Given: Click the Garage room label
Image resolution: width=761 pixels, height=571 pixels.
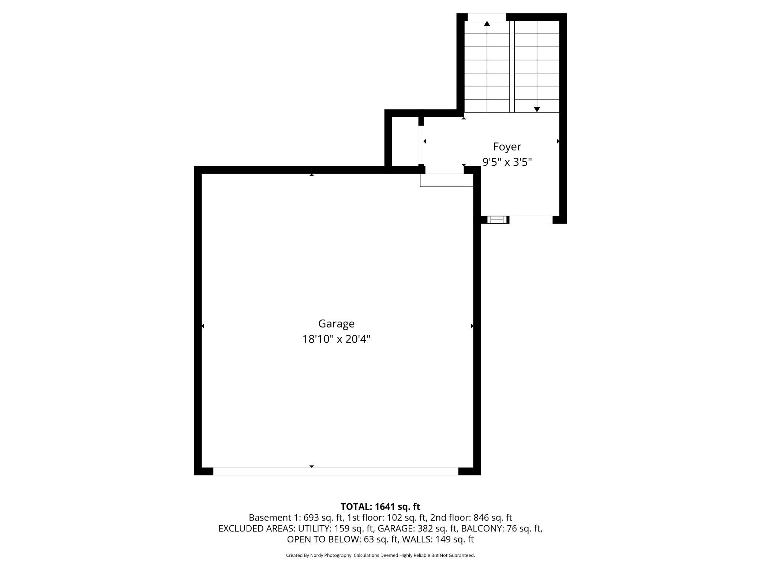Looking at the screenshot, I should pyautogui.click(x=336, y=324).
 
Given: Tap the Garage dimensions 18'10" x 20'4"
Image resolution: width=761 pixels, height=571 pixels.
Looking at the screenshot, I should pyautogui.click(x=336, y=339).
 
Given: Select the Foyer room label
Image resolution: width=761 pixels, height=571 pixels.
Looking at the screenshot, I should pyautogui.click(x=507, y=147).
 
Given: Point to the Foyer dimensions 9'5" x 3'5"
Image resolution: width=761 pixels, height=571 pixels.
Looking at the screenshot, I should pyautogui.click(x=507, y=162).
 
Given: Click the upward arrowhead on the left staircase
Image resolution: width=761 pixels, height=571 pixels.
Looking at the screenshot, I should pyautogui.click(x=487, y=24).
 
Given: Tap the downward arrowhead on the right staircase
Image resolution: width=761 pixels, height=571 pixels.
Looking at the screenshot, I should pyautogui.click(x=537, y=109).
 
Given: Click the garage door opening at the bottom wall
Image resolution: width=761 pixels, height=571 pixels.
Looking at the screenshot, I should pyautogui.click(x=335, y=471).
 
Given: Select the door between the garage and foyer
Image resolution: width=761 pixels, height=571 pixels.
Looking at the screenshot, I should pyautogui.click(x=444, y=170).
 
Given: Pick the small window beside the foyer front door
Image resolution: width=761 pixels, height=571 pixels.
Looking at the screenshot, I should pyautogui.click(x=497, y=220).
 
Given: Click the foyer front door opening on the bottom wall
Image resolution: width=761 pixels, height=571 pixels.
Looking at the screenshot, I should pyautogui.click(x=531, y=220).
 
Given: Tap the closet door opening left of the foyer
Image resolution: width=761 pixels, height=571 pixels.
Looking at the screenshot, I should pyautogui.click(x=421, y=145).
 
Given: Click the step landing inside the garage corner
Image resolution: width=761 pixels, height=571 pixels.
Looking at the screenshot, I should pyautogui.click(x=446, y=180).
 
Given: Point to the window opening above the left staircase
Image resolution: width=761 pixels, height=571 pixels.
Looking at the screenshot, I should pyautogui.click(x=487, y=17).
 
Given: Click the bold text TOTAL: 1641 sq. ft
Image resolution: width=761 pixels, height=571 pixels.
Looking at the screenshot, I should pyautogui.click(x=380, y=507).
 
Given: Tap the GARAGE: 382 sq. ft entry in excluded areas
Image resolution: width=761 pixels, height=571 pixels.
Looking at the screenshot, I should pyautogui.click(x=417, y=529).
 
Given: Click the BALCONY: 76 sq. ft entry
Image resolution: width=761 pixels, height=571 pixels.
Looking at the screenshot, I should pyautogui.click(x=501, y=529).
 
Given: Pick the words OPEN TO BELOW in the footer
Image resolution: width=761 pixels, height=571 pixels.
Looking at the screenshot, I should pyautogui.click(x=323, y=539).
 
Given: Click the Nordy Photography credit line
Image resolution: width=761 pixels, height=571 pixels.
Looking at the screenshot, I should pyautogui.click(x=380, y=555).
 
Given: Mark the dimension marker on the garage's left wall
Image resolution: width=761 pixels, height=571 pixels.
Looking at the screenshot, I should pyautogui.click(x=203, y=326).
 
